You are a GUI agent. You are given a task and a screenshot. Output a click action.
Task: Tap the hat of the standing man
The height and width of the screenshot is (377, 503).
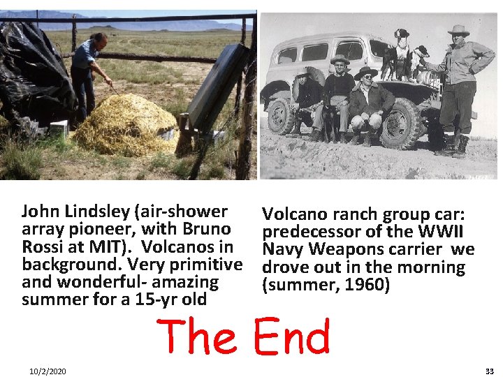click(459, 31)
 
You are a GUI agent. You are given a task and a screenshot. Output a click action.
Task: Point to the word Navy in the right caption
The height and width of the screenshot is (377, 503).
click(281, 250)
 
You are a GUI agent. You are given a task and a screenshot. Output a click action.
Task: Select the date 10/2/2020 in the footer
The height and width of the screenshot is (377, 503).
click(48, 371)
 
